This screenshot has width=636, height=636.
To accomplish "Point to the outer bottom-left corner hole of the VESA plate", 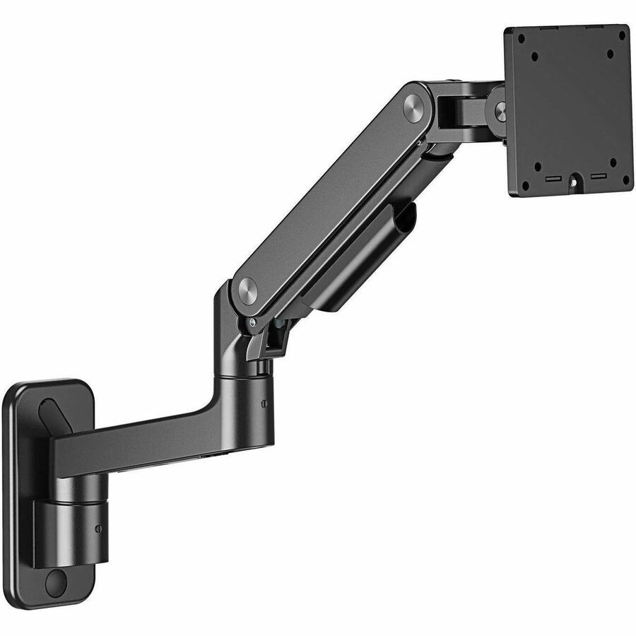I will pos(525,185).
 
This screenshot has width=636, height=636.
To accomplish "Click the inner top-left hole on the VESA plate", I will pos(535,55).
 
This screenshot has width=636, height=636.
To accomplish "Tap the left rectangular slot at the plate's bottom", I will pos(550,180).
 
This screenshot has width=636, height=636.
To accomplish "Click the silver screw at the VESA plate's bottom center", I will pos(573,182).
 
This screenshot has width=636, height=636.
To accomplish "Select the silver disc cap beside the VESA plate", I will pos(501,110).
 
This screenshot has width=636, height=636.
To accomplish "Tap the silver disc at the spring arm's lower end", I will pos(247,290).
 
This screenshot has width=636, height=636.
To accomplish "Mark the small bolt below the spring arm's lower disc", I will pos(252,322).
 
